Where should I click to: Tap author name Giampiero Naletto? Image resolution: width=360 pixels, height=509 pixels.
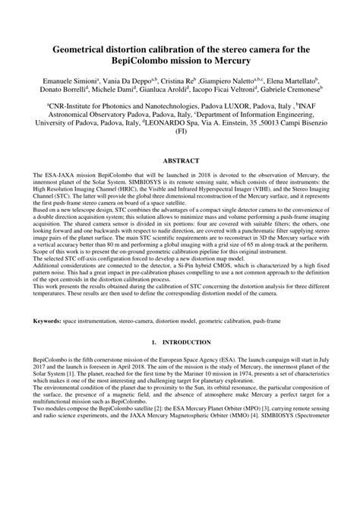pos(227,80)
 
